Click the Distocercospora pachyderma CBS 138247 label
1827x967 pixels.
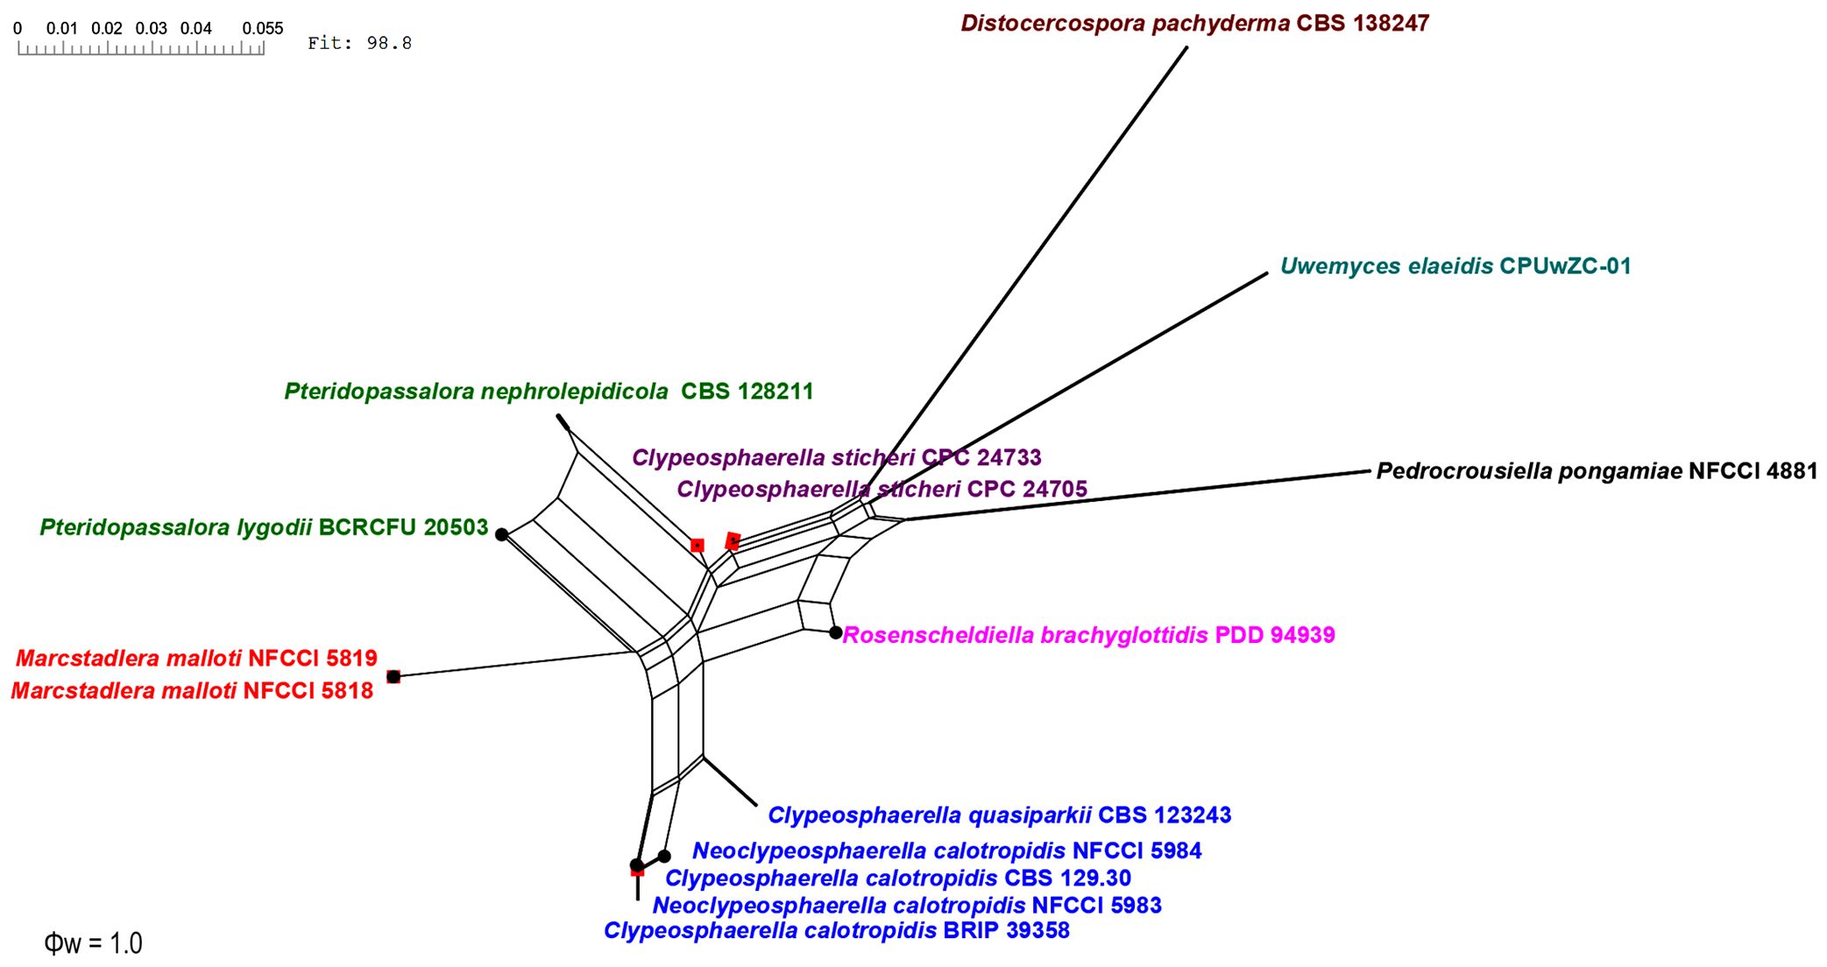(x=1194, y=24)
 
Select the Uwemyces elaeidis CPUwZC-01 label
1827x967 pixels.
(x=1455, y=266)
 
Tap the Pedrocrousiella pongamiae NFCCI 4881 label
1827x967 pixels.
(x=1597, y=471)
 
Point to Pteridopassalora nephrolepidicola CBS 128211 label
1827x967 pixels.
(x=549, y=392)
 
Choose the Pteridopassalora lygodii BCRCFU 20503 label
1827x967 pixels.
(x=264, y=527)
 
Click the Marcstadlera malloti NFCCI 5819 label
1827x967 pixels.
(x=196, y=658)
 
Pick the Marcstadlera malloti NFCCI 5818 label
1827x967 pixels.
(x=192, y=690)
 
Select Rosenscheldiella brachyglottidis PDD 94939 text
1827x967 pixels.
(x=1088, y=635)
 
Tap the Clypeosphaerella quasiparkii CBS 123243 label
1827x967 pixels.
(x=999, y=815)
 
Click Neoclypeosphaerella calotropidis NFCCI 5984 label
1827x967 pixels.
(x=946, y=851)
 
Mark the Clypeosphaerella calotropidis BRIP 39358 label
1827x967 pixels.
(x=836, y=930)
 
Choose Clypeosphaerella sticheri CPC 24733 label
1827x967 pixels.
(x=836, y=457)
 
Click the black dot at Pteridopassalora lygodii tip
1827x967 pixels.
(x=501, y=534)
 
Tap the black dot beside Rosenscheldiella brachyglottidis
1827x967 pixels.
(x=836, y=632)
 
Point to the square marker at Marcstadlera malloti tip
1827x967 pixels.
(x=393, y=676)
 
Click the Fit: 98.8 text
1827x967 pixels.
(x=359, y=43)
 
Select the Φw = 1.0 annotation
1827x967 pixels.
(x=93, y=943)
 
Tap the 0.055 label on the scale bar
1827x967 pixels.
(x=263, y=28)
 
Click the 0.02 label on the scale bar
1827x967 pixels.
(x=107, y=28)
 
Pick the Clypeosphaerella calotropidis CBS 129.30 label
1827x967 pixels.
(x=897, y=878)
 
